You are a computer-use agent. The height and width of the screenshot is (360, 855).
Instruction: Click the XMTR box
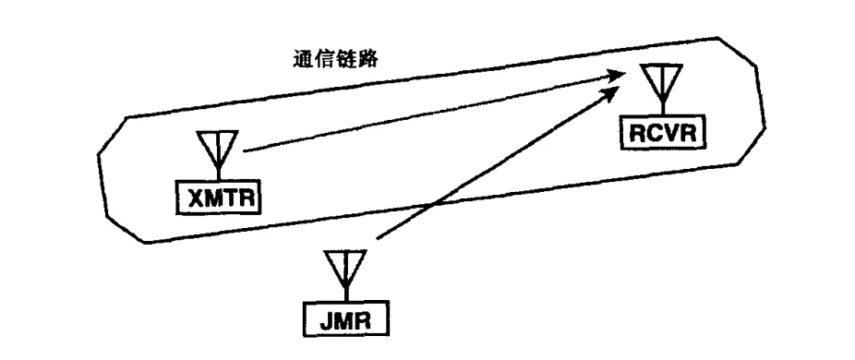[x=218, y=198]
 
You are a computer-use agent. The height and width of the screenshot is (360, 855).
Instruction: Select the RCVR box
[x=663, y=132]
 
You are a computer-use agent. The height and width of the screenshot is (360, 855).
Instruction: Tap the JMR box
[x=345, y=318]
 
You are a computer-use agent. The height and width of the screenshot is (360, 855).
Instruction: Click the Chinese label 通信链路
[x=335, y=59]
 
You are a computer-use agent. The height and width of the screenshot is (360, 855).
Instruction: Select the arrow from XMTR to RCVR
[x=433, y=113]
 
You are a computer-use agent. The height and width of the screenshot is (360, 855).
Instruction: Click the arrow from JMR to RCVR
[x=499, y=162]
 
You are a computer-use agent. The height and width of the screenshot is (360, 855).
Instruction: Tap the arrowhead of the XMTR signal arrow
[x=615, y=76]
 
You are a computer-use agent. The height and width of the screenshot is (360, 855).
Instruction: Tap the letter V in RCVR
[x=670, y=133]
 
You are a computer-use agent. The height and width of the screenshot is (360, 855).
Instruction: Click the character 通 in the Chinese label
[x=303, y=59]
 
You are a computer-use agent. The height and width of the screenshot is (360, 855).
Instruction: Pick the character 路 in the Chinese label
[x=367, y=59]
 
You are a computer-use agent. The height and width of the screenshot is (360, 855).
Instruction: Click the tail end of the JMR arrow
[x=378, y=238]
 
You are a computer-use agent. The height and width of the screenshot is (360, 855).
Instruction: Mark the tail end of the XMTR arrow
[x=244, y=151]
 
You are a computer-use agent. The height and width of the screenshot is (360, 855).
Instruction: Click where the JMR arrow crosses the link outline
[x=433, y=205]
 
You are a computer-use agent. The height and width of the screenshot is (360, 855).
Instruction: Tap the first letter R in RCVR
[x=637, y=133]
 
